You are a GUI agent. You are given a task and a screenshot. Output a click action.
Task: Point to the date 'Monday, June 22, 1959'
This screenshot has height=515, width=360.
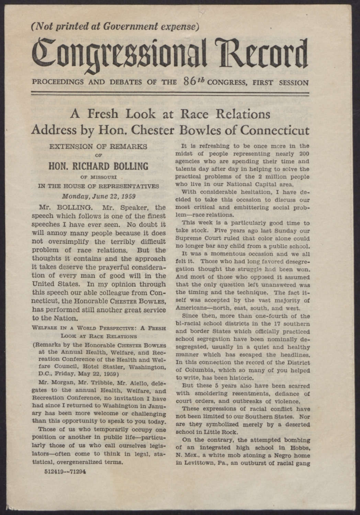(98, 197)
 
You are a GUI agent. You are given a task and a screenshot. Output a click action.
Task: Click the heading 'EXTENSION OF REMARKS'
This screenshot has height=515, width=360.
(98, 147)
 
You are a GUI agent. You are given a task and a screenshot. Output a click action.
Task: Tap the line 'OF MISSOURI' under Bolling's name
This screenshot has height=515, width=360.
(98, 177)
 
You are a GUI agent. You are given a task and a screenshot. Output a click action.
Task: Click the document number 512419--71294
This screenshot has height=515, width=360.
(65, 471)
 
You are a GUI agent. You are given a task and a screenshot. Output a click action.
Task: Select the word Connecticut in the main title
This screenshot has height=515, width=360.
(274, 130)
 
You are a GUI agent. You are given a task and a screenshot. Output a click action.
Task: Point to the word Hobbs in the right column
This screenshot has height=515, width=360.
(300, 448)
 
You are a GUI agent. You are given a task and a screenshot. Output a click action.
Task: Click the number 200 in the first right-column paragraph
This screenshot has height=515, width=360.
(304, 153)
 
